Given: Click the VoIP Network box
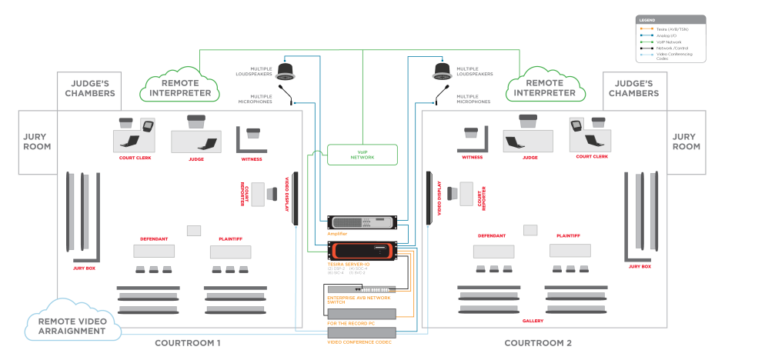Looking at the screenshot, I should click(362, 155).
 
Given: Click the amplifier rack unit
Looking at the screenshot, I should click(362, 223).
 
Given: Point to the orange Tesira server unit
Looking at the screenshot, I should click(362, 251).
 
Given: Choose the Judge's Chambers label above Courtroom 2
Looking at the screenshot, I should click(633, 88).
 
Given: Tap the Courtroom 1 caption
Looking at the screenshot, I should click(188, 342).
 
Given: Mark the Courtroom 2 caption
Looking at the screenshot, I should click(537, 342).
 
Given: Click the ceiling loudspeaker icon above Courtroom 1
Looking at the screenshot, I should click(286, 72).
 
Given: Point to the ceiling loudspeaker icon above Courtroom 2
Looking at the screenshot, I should click(441, 72).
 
